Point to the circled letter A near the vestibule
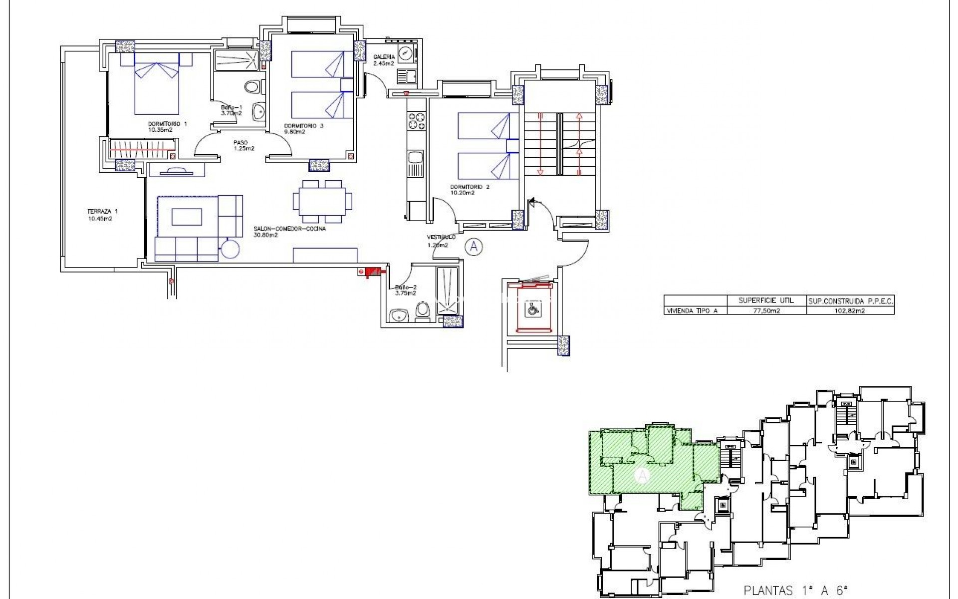(474, 247)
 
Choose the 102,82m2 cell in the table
(850, 310)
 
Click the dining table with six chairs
(322, 202)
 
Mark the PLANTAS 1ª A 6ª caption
(796, 591)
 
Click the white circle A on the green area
(643, 476)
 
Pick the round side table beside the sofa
(230, 249)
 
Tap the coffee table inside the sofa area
(187, 217)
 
